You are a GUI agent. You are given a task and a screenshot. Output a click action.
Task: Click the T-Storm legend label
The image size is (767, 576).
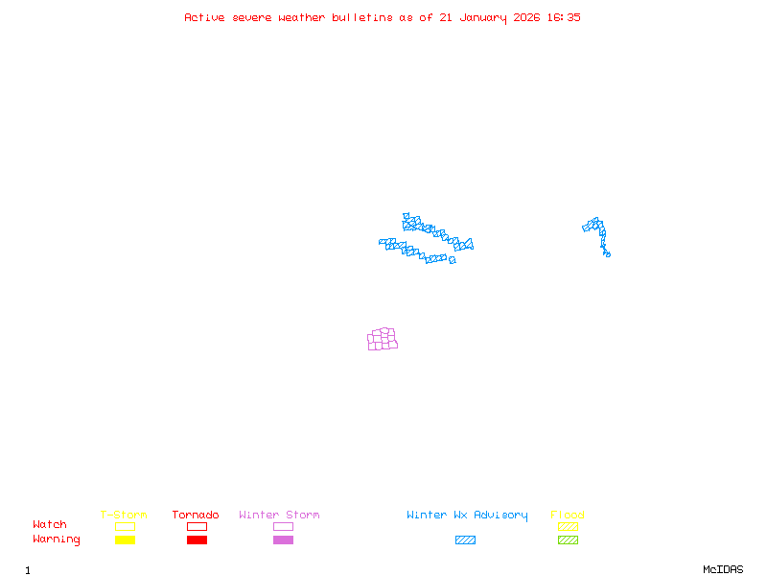coord(124,516)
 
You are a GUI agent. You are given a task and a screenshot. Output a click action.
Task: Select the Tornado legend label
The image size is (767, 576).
coord(196,516)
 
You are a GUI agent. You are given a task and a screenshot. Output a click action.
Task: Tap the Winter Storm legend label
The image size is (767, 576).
coord(279,516)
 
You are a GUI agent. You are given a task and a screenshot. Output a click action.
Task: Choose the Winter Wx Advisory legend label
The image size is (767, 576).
coord(467,516)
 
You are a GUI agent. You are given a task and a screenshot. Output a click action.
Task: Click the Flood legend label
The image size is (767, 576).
coord(568,516)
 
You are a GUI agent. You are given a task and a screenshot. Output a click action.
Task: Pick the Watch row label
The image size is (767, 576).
coord(50,525)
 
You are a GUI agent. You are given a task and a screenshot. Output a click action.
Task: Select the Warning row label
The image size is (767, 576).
coord(57,540)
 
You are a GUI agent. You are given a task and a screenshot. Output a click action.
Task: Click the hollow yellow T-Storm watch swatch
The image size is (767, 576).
coord(125,526)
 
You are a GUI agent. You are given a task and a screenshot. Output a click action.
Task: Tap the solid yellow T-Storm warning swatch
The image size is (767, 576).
coord(125,540)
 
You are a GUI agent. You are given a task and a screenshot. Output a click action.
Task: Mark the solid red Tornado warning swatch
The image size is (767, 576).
coord(197,540)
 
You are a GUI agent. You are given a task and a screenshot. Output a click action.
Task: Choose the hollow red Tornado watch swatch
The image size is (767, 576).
coord(197,526)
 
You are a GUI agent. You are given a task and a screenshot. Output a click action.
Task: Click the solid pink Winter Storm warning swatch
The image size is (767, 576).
coord(283,540)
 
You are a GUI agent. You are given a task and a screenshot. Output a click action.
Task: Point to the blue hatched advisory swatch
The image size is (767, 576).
coord(465,540)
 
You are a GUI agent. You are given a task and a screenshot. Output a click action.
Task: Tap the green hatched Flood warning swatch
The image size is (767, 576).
coord(568,540)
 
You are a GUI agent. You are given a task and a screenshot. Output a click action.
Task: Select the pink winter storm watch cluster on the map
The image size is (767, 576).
coord(382,339)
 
